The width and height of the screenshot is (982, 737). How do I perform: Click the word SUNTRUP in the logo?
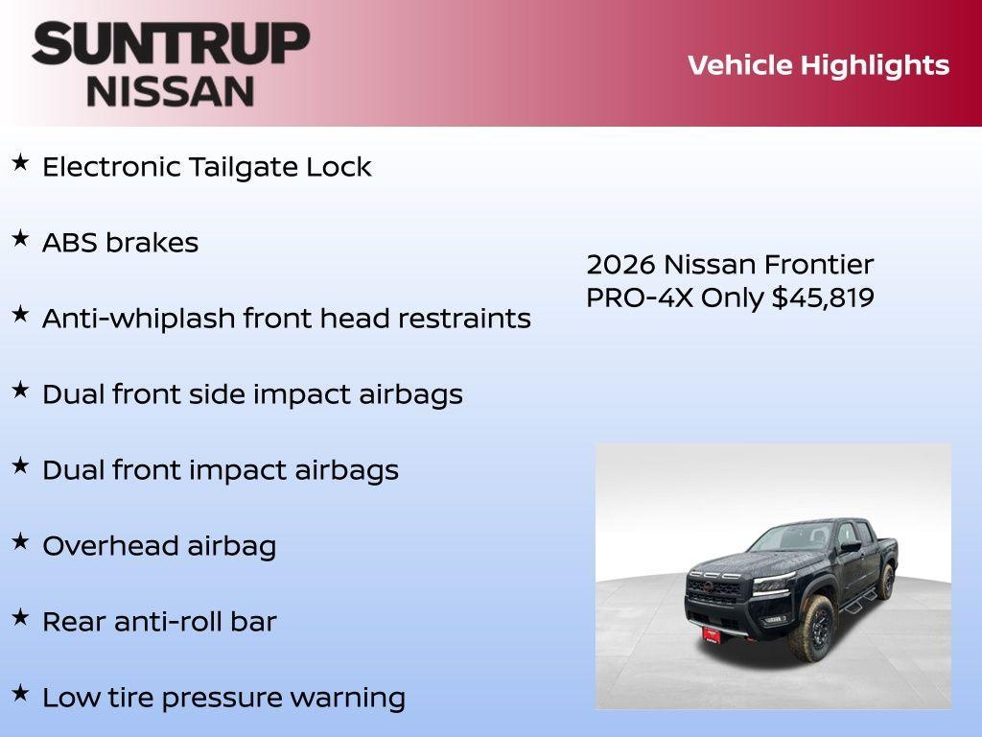coord(171,43)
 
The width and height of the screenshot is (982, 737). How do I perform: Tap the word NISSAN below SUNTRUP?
coord(170,90)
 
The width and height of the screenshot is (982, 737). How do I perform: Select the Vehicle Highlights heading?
coord(818,65)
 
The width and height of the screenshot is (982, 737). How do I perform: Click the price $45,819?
coord(823,298)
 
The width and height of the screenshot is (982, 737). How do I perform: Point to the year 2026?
coord(620,265)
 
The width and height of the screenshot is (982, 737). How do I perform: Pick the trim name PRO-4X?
coord(640,298)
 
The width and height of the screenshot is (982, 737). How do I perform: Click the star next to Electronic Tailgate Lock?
coord(20,164)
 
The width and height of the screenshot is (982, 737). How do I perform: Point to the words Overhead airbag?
coord(159,546)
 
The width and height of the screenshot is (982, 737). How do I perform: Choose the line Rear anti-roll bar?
coord(159,622)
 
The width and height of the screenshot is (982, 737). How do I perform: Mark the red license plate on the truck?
coord(712,634)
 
